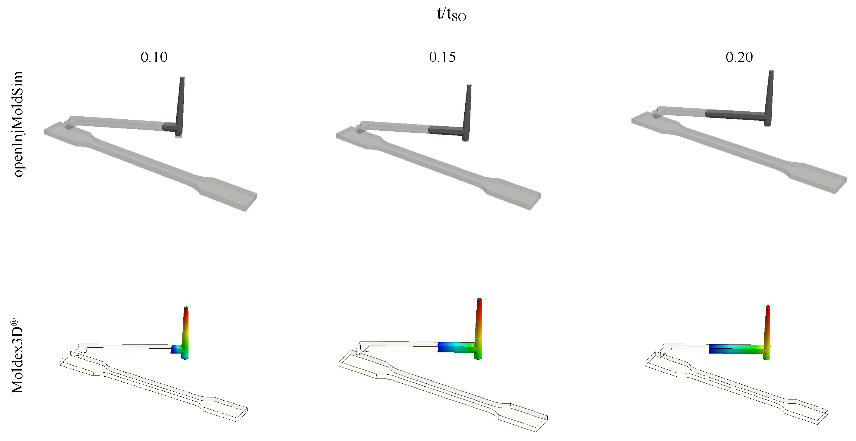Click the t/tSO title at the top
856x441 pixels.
[x=451, y=14]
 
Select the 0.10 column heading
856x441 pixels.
[x=154, y=57]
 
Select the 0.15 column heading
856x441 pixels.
[x=442, y=57]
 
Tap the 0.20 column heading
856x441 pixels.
[x=739, y=57]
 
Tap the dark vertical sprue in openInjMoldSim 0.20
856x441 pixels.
[x=769, y=97]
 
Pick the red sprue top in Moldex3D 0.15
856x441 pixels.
[x=479, y=301]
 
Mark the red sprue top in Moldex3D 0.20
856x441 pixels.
[x=768, y=308]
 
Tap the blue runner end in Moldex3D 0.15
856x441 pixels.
[x=442, y=347]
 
